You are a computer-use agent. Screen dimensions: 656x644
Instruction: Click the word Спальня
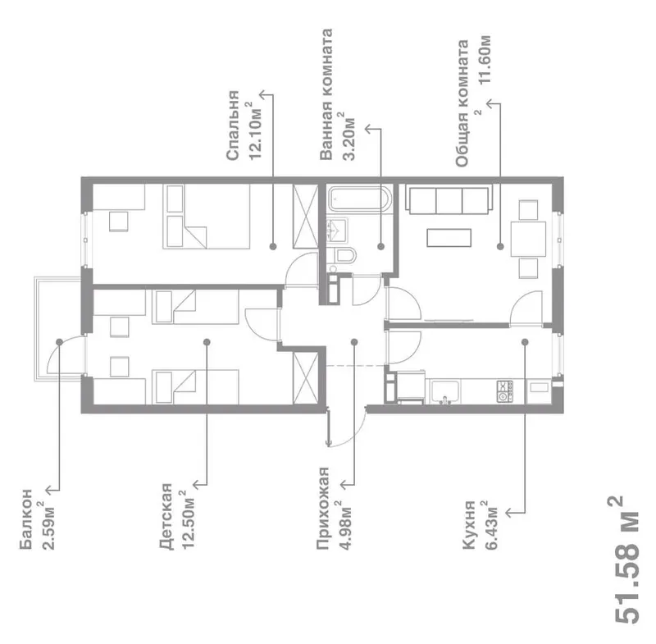point(233,126)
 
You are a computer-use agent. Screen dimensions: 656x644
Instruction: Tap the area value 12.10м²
point(255,130)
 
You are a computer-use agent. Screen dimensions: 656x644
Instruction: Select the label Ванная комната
point(326,94)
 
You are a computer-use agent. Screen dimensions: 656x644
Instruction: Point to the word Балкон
point(26,518)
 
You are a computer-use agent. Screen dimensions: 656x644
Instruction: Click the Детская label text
point(166,516)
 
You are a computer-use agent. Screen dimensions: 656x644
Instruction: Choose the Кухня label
point(469,525)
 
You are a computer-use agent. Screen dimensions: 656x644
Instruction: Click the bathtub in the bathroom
point(360,199)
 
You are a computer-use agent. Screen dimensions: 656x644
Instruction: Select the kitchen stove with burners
point(504,391)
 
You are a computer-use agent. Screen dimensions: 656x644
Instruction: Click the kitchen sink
point(445,392)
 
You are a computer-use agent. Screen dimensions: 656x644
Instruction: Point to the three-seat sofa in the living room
point(449,201)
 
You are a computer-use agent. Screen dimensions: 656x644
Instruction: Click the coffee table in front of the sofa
point(449,238)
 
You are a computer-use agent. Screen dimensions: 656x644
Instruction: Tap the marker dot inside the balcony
point(59,342)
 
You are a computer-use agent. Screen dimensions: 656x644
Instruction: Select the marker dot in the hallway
point(354,342)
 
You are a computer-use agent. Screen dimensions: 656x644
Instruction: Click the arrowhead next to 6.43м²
point(509,513)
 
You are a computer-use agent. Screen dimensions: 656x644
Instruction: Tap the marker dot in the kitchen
point(525,342)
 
